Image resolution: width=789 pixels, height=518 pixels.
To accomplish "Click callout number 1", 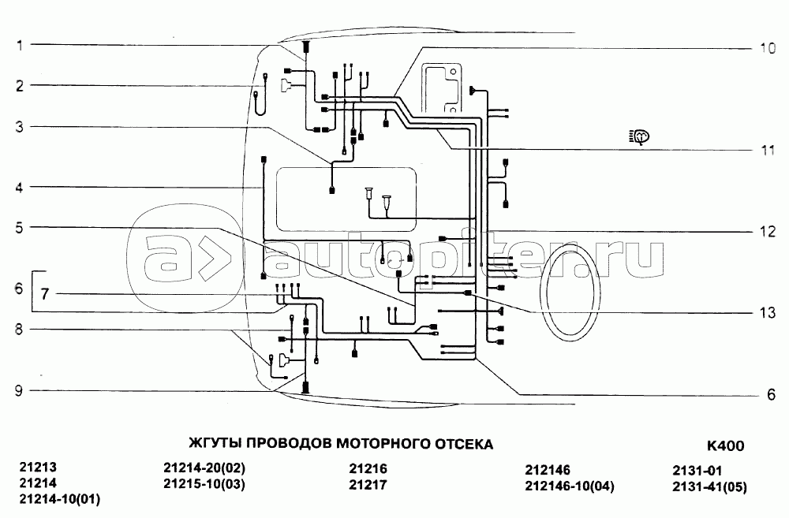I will (20, 45).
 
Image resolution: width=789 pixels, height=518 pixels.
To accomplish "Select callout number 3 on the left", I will (20, 126).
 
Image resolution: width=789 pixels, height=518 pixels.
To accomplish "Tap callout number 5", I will (20, 228).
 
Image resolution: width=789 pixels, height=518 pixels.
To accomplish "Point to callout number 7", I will (45, 295).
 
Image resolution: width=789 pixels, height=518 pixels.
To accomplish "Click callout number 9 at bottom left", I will (20, 389).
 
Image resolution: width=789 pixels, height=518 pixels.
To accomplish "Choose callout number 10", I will (768, 48).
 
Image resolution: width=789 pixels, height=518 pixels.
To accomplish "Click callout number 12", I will (768, 232).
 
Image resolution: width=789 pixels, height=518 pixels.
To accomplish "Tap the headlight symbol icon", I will (640, 136).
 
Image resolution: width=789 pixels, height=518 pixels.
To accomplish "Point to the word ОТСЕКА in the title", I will (464, 445).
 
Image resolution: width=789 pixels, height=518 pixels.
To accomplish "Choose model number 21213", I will (38, 468).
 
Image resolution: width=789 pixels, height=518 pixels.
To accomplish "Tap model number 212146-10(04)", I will (569, 485).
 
